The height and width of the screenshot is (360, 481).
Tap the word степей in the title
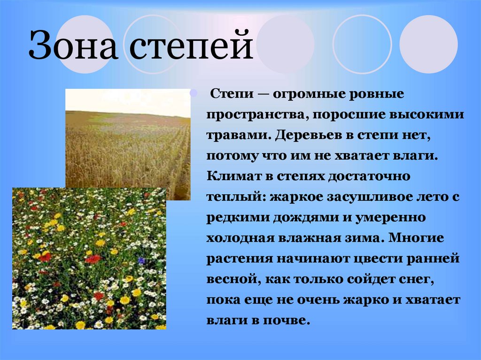(191, 46)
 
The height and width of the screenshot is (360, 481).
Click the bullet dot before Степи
(193, 93)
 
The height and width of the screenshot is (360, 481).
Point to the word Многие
(416, 238)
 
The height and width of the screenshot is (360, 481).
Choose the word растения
(240, 259)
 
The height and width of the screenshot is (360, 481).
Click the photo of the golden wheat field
(128, 138)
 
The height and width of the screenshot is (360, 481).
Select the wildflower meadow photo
(89, 259)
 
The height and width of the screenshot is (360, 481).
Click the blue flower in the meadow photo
(141, 260)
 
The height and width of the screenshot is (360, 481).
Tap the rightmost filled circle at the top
(428, 44)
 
